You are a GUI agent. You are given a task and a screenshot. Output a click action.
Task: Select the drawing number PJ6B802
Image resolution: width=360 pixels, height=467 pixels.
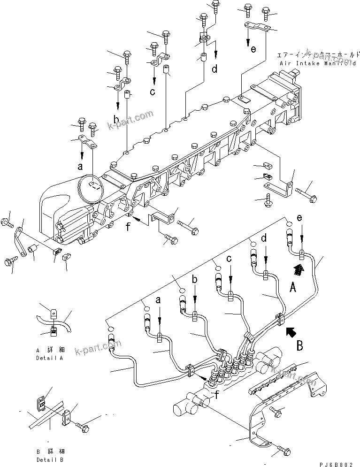337,461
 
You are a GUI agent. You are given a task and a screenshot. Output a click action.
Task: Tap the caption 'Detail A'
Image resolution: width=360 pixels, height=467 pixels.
49,358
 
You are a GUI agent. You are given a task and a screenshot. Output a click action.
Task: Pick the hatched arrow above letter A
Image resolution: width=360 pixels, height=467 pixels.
297,269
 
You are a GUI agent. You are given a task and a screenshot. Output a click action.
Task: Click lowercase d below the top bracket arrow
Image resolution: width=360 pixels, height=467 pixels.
214,69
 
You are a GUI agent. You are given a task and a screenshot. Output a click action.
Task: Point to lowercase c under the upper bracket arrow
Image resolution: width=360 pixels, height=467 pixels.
153,92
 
